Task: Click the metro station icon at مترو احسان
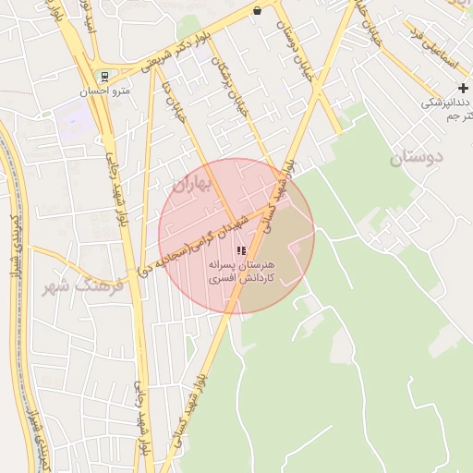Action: coord(105,76)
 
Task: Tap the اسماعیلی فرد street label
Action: coord(434,51)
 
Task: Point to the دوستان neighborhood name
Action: coord(416,156)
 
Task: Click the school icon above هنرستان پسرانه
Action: coord(241,250)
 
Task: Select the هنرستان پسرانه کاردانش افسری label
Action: coord(241,270)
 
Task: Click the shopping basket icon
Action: coord(256,11)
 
